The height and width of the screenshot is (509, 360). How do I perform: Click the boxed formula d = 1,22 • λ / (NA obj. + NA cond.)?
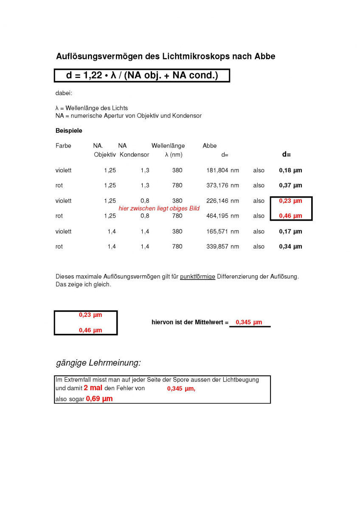[x=142, y=76]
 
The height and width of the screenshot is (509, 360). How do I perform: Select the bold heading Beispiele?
[x=69, y=130]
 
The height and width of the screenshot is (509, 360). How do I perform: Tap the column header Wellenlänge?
[x=168, y=145]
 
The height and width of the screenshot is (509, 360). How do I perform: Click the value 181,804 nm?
[x=222, y=170]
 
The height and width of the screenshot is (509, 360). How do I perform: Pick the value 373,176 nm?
[x=222, y=185]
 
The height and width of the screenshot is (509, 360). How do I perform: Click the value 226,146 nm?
[x=222, y=201]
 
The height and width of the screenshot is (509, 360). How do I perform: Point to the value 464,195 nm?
[x=222, y=216]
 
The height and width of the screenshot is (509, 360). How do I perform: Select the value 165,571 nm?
[x=222, y=231]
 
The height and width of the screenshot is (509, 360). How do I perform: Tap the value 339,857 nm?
[x=222, y=246]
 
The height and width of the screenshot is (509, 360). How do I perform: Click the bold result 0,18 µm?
[x=290, y=170]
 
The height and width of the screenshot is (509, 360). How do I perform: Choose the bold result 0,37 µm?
[x=290, y=185]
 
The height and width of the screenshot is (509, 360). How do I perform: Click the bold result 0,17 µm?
[x=290, y=231]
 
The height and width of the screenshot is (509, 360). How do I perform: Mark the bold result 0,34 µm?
[x=290, y=246]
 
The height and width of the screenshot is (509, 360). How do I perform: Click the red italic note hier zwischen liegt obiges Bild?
[x=159, y=208]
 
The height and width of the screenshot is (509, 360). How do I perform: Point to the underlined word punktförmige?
[x=197, y=277]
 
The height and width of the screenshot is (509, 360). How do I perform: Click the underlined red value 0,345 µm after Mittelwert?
[x=249, y=322]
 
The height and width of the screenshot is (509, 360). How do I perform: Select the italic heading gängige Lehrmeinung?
[x=98, y=363]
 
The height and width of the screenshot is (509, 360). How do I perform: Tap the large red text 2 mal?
[x=93, y=388]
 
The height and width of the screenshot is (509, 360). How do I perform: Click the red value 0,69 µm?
[x=99, y=399]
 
